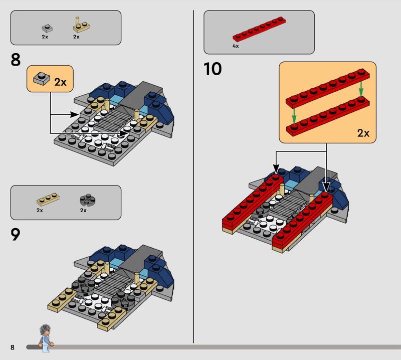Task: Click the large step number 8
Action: (x=16, y=60)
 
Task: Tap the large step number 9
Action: (x=16, y=234)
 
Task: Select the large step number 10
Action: (x=213, y=69)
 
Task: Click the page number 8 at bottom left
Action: (x=12, y=347)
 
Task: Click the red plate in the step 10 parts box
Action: (x=259, y=29)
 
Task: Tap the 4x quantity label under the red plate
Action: (x=236, y=46)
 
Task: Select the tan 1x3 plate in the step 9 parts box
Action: (x=48, y=200)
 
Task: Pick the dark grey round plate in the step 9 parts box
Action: (x=87, y=200)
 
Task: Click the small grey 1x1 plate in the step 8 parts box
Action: (x=47, y=28)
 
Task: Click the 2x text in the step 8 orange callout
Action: (x=60, y=82)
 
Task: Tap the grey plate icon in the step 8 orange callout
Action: (x=42, y=79)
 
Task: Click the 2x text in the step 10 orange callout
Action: (x=363, y=133)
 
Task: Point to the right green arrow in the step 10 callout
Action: (x=361, y=88)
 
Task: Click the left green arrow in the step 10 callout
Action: (x=294, y=116)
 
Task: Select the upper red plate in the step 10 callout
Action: (x=328, y=88)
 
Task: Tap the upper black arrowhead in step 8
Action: (x=74, y=115)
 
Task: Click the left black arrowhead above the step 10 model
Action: (x=276, y=169)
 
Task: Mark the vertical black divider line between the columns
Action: (x=193, y=176)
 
